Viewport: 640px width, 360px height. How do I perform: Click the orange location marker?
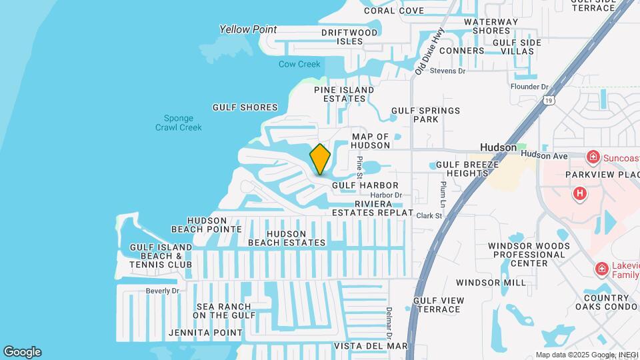(320, 159)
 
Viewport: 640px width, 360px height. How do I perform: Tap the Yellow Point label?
(248, 29)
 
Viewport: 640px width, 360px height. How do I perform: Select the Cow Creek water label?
(299, 65)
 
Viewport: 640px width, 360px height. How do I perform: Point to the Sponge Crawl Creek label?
(178, 123)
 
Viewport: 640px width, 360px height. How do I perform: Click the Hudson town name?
(499, 147)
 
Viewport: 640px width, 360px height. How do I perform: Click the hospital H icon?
(580, 193)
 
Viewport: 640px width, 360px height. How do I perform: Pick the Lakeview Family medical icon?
(601, 269)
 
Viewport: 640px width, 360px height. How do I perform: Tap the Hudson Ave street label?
(544, 155)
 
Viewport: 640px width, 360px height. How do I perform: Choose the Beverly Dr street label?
(163, 291)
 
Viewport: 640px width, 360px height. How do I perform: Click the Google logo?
(22, 352)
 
